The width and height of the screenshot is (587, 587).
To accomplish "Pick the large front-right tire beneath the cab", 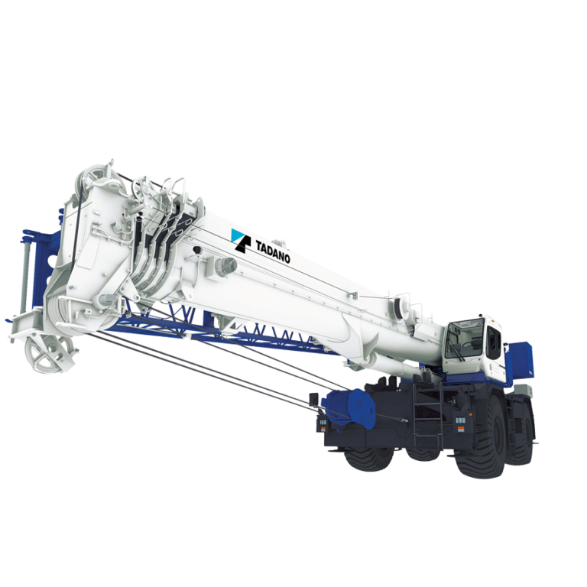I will pyautogui.click(x=480, y=443).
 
